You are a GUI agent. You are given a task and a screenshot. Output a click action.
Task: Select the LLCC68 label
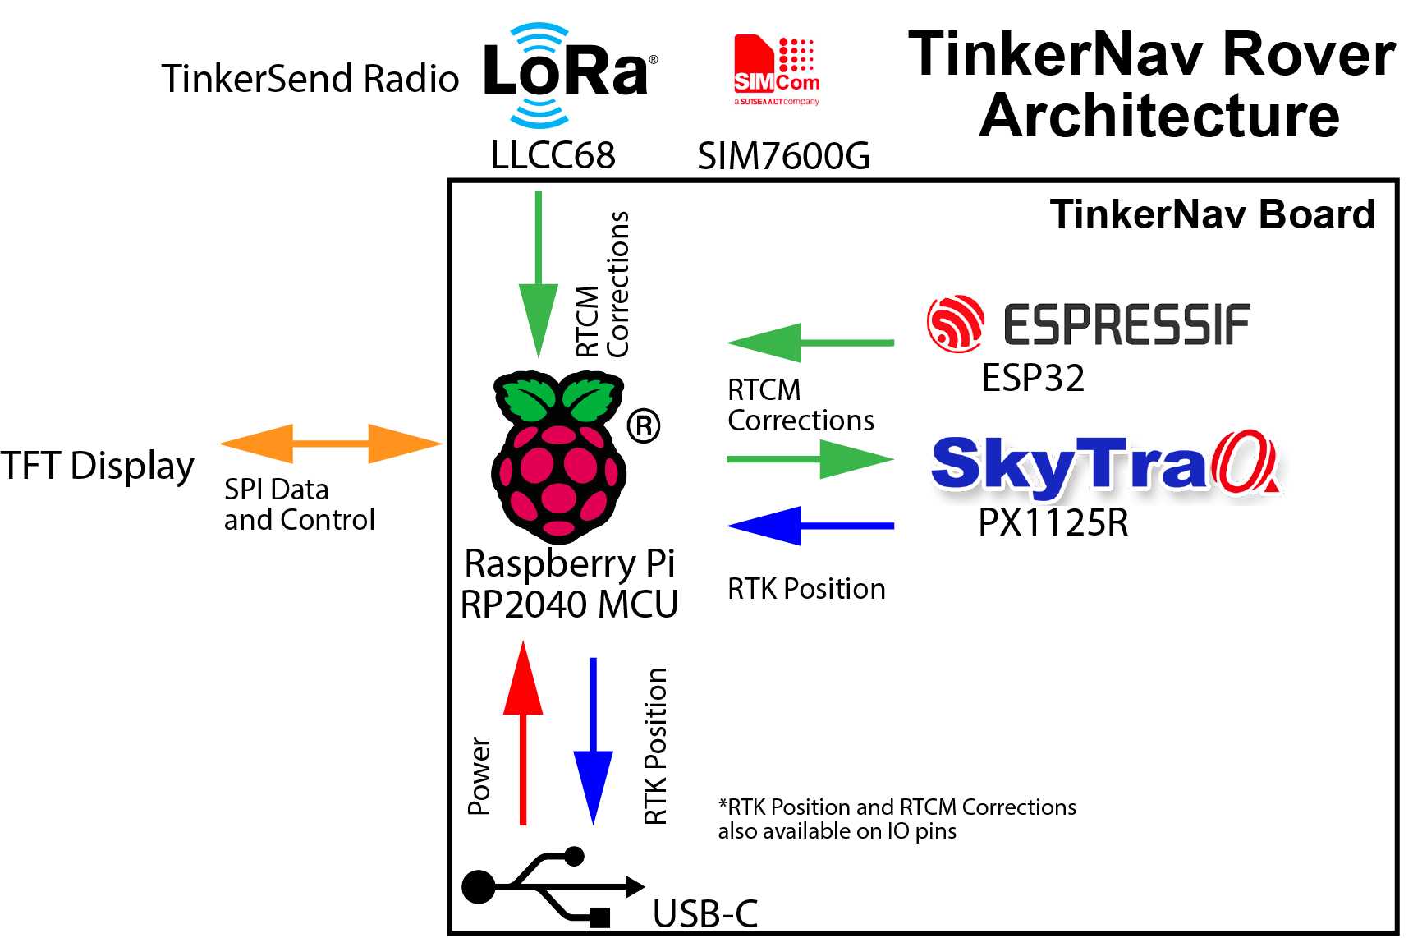pos(553,155)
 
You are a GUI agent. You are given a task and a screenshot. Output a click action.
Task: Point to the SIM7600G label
pos(783,156)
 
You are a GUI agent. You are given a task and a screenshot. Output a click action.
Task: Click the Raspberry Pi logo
pos(560,457)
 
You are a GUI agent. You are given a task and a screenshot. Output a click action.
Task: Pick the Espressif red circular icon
pos(955,324)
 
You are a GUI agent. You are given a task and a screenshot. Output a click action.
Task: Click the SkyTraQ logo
pos(1108,467)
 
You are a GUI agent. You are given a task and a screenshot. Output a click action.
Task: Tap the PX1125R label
pos(1053,522)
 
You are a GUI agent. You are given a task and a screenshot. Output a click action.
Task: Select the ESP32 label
pos(1033,378)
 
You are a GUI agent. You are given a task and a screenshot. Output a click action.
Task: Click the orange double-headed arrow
pos(331,444)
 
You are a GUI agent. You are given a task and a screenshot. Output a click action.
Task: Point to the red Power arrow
pos(523,731)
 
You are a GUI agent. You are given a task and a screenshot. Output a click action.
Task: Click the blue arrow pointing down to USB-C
pos(593,739)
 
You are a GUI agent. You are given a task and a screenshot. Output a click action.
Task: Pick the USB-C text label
pos(705,914)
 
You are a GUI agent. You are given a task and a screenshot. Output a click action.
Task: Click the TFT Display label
pos(97,466)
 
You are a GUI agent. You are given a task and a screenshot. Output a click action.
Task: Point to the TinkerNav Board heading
pos(1212,215)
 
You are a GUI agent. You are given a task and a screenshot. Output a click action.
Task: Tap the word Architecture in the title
pos(1159,115)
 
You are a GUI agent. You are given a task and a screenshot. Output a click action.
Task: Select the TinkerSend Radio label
pos(310,79)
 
